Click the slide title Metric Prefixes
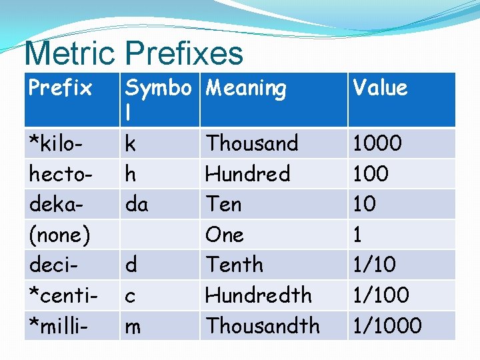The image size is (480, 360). coord(133,53)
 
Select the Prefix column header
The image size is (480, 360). coord(60,87)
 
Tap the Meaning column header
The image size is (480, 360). coord(246,87)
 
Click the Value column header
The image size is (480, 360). coord(380,87)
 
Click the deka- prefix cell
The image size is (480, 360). coord(56,204)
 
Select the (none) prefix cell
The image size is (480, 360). coord(60,235)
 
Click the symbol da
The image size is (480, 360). coord(137,204)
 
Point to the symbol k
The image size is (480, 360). coord(131,143)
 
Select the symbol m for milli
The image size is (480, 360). coord(133,327)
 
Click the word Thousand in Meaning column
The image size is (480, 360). coord(252,143)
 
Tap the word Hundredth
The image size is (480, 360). coord(259,295)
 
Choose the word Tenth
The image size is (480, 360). coord(234,265)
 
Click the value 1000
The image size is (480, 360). coord(377,143)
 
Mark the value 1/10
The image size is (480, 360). coord(375,265)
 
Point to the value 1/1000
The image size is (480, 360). coord(387,325)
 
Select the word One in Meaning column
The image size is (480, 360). coord(225,235)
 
